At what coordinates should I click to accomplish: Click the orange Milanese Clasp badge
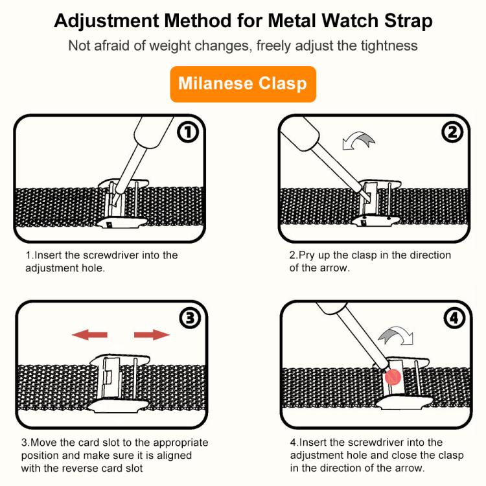tap(243, 84)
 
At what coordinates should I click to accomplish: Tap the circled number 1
tap(188, 133)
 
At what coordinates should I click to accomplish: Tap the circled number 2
tap(452, 133)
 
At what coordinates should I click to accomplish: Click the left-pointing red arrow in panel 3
tap(89, 335)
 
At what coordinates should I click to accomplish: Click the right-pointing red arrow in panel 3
tap(152, 335)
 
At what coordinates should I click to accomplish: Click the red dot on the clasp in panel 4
tap(391, 377)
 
